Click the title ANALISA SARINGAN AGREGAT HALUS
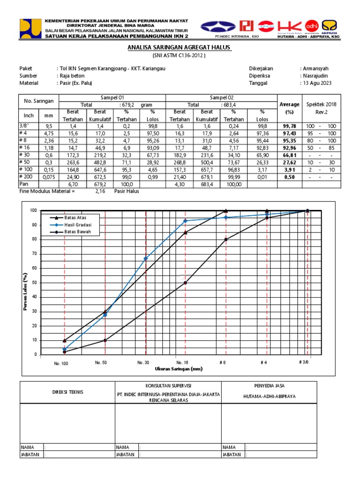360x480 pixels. [180, 48]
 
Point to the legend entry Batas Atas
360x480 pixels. [75, 218]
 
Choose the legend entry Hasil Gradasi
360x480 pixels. [77, 225]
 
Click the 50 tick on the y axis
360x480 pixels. [33, 283]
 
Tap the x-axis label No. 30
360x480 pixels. [143, 363]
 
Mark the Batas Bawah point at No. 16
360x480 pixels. [186, 283]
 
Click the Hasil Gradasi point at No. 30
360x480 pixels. [146, 258]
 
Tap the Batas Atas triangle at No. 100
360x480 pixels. [65, 340]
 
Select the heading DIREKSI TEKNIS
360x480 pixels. [67, 392]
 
